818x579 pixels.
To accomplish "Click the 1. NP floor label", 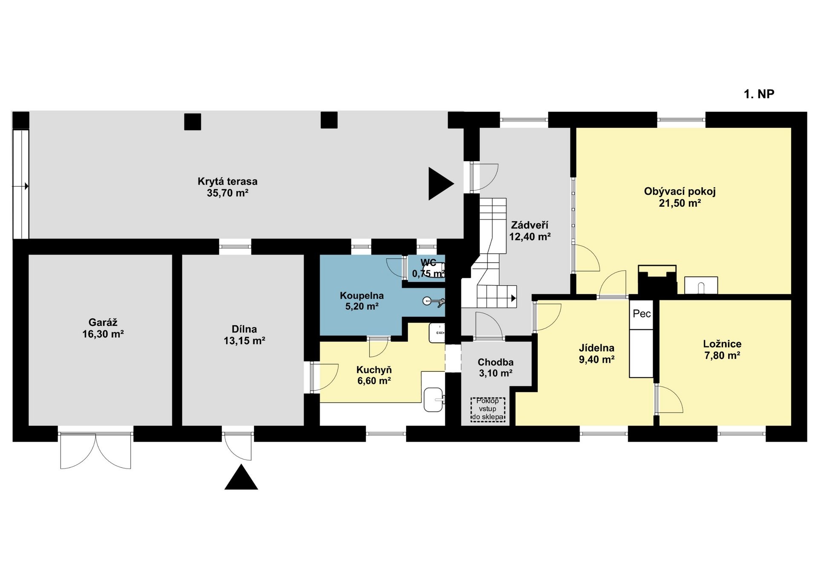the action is coord(759,94).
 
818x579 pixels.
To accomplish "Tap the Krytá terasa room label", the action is coord(228,181).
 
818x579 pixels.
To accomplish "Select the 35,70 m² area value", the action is coord(228,193).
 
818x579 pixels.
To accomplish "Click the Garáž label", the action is coord(103,322).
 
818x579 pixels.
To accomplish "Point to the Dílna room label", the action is coord(245,329).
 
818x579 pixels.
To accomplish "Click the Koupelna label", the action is coord(362,295).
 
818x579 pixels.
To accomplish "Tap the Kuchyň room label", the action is coord(374,370).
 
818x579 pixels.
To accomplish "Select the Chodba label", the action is coord(495,362).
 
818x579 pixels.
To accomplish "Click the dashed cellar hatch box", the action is coord(488,410).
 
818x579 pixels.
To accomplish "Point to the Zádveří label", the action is coord(530,225).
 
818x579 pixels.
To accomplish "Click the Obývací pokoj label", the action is coord(680,191).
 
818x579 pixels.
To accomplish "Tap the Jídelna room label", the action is coord(596,348).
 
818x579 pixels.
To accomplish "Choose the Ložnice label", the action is coord(722,344).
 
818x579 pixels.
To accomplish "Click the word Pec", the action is coord(642,314).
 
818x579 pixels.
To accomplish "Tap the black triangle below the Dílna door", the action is coord(241,477).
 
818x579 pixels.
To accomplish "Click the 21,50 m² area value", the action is coord(680,203).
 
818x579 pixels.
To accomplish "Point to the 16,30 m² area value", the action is coord(103,334).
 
